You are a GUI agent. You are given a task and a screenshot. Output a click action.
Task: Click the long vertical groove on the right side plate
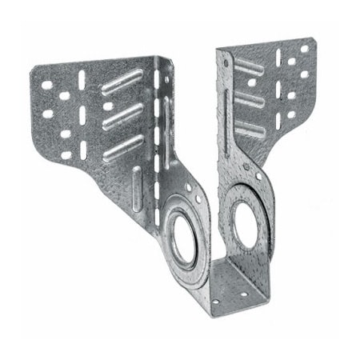click(x=232, y=120)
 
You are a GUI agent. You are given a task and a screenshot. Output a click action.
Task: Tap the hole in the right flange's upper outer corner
click(x=304, y=50)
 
